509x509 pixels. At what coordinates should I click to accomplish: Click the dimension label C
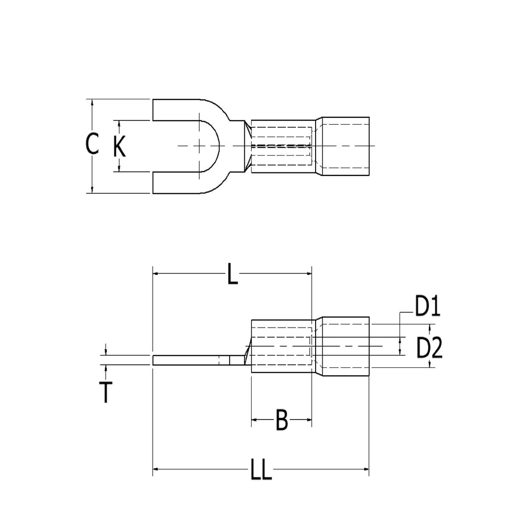[x=92, y=144]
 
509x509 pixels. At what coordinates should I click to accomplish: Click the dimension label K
[x=119, y=147]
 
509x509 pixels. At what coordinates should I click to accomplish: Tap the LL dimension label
[x=260, y=469]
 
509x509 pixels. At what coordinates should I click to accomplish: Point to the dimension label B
[x=281, y=421]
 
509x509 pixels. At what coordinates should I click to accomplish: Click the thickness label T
[x=105, y=392]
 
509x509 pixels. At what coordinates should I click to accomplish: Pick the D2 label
[x=429, y=348]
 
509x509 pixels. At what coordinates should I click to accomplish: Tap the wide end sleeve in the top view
[x=344, y=146]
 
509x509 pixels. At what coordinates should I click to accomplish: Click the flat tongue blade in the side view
[x=189, y=360]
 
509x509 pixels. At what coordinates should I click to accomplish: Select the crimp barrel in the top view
[x=281, y=146]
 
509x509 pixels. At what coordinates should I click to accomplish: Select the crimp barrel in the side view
[x=281, y=346]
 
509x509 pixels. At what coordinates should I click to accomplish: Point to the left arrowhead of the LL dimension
[x=156, y=469]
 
